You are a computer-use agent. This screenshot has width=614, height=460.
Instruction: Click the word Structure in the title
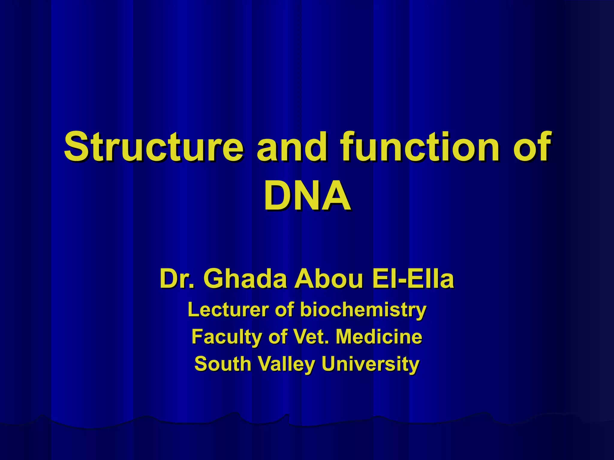tap(153, 146)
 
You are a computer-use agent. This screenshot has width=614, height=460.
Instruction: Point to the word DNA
tap(307, 196)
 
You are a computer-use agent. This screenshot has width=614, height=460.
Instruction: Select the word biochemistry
tap(363, 310)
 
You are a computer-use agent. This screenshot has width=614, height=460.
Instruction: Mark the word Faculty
tap(226, 337)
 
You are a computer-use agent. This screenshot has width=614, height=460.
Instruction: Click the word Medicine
tap(379, 337)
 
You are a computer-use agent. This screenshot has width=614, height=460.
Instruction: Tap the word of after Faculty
tap(278, 337)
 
